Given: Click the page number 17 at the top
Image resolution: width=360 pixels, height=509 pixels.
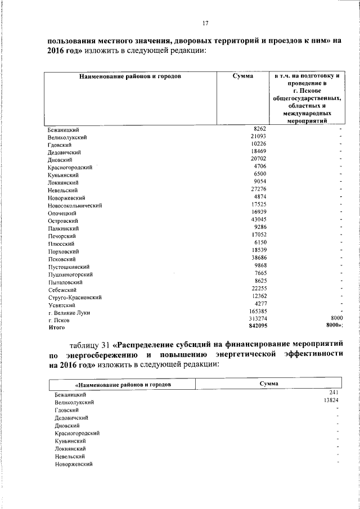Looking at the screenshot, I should tap(205, 23).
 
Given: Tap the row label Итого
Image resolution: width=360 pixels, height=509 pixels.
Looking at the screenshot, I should tap(57, 327).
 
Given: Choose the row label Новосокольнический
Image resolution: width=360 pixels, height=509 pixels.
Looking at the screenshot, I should tap(75, 206).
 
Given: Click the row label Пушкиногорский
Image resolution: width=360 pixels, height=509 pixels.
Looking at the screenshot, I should tap(70, 274).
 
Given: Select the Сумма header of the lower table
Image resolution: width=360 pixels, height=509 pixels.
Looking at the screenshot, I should tap(269, 382).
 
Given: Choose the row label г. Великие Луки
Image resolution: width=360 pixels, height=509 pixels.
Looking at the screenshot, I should tap(69, 312).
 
